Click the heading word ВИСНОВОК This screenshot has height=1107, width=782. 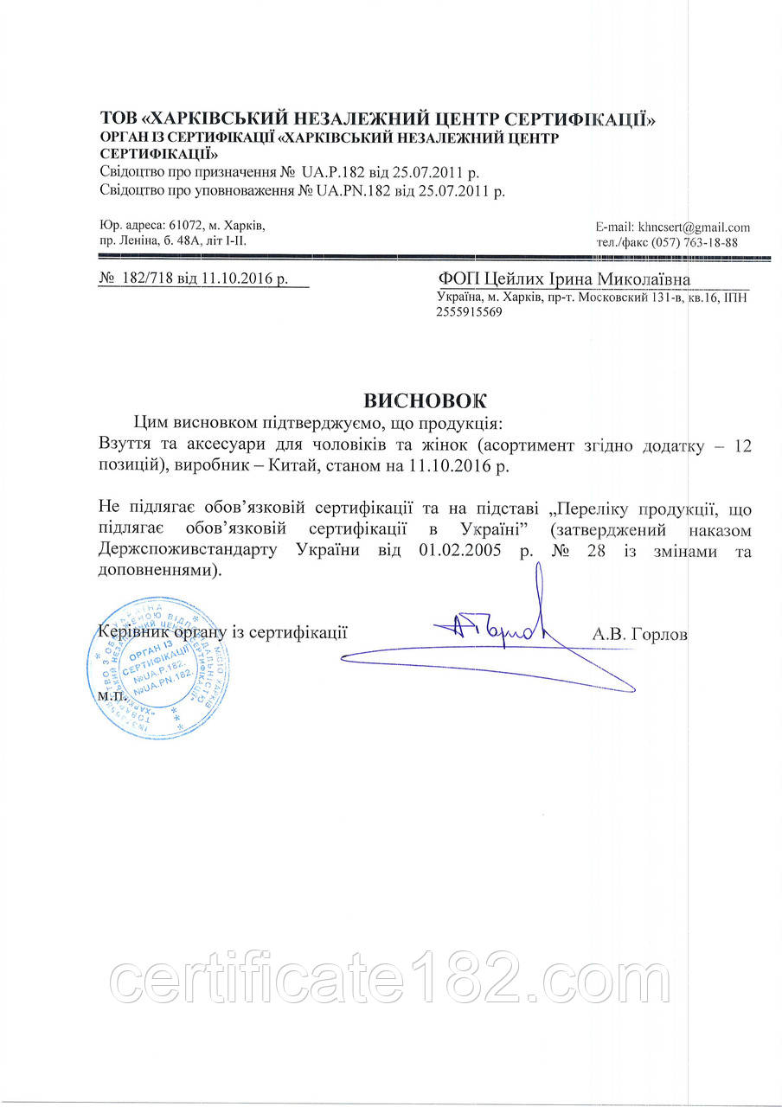tap(425, 400)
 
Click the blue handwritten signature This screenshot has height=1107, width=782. tap(502, 636)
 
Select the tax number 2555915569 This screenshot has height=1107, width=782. tap(469, 313)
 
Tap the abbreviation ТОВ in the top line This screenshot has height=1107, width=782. tap(118, 118)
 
